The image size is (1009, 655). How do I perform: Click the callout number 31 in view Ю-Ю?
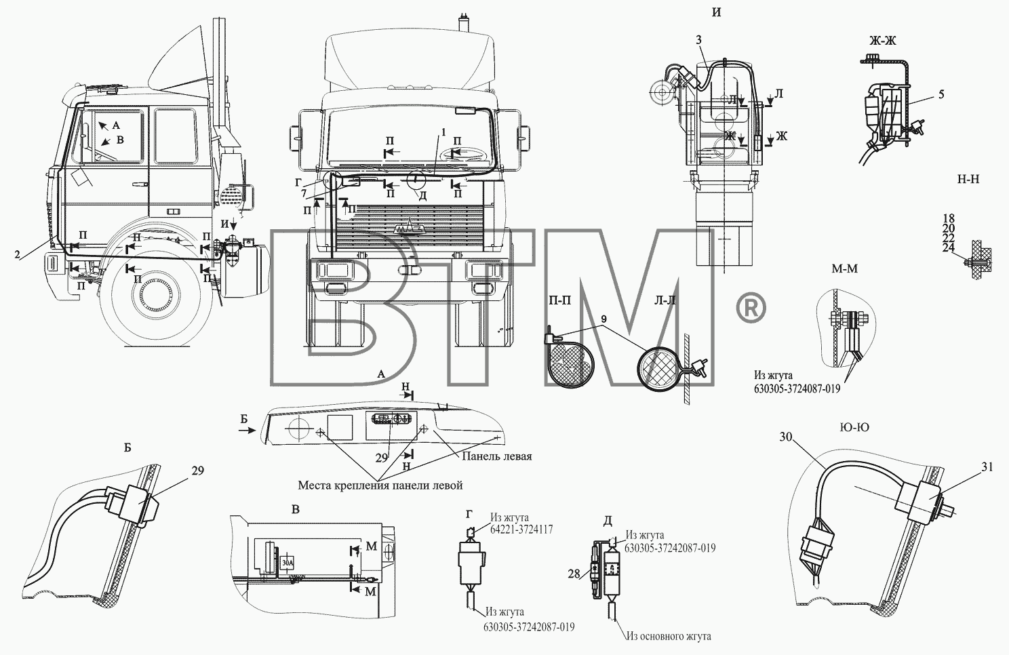(x=987, y=467)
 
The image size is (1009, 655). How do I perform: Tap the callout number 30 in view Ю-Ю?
(x=786, y=437)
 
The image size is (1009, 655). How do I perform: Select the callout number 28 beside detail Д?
(x=574, y=574)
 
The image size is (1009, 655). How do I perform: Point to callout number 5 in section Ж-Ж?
(x=941, y=94)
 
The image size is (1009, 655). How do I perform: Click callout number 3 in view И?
(x=698, y=40)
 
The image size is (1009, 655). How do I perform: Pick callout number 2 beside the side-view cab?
(x=17, y=254)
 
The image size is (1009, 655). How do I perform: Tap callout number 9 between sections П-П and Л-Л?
(x=603, y=319)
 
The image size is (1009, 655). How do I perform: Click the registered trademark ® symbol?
(x=751, y=307)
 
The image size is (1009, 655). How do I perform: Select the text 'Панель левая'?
(x=497, y=456)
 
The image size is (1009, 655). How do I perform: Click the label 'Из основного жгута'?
(x=669, y=636)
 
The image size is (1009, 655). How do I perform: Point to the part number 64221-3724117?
(x=521, y=530)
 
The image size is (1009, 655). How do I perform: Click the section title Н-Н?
(x=968, y=179)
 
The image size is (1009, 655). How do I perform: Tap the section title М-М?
(x=845, y=269)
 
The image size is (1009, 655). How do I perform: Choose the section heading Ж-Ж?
(x=882, y=41)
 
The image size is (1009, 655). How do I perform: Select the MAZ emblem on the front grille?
(x=409, y=229)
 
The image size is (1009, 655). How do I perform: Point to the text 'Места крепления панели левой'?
(x=380, y=485)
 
